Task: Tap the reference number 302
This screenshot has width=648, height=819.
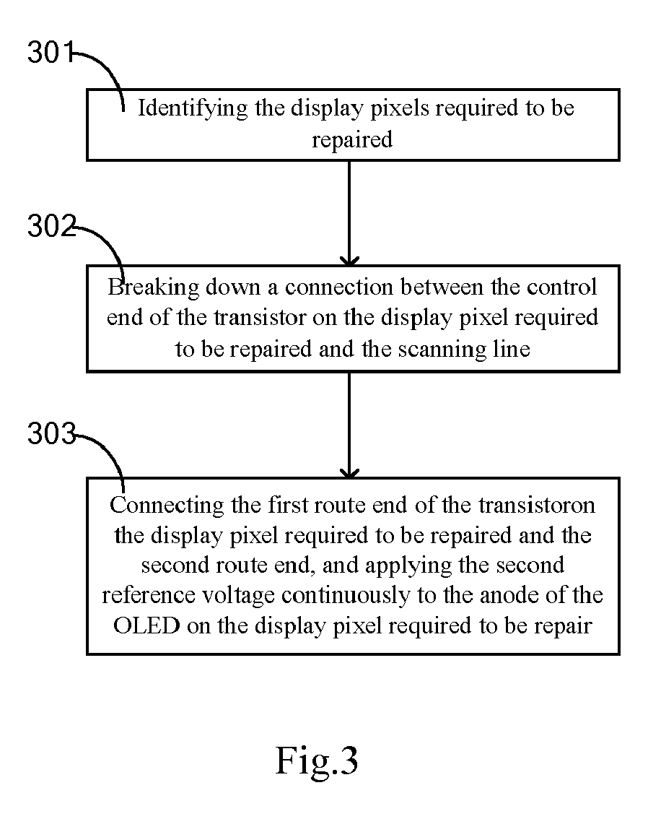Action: coord(51,226)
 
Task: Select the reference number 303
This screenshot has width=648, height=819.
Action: coord(51,433)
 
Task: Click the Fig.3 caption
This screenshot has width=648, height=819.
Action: coord(317,760)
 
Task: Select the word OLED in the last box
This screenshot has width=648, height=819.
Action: coord(146,625)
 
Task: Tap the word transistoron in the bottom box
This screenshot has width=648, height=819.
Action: coord(537,505)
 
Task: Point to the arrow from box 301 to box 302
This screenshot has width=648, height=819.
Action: coord(349,213)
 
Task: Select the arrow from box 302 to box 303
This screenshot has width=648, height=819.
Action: coord(349,425)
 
